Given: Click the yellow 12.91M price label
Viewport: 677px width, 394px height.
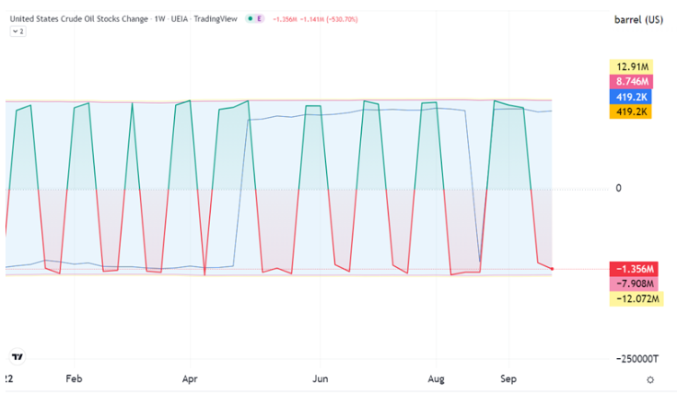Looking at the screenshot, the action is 631,67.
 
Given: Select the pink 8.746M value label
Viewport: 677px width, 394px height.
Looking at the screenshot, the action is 631,82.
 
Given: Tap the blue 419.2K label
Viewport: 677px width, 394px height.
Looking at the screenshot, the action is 630,97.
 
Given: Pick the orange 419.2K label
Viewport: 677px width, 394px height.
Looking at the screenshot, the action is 630,111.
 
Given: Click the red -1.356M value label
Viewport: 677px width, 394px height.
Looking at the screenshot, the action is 634,269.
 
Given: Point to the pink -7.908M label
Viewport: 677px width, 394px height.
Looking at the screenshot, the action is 634,284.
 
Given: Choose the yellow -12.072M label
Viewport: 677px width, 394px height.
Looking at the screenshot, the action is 636,298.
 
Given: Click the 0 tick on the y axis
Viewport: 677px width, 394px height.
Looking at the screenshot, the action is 618,188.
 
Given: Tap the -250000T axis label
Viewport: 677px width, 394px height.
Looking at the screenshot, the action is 637,359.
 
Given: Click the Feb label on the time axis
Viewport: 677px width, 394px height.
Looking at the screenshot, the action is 74,379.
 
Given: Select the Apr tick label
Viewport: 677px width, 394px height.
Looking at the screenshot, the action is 190,379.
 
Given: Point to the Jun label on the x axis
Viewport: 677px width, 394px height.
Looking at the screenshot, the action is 320,379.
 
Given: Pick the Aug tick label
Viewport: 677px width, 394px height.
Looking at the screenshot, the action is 436,379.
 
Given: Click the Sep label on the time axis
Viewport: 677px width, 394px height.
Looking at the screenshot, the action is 508,379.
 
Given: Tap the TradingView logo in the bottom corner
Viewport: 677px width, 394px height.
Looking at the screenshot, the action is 18,357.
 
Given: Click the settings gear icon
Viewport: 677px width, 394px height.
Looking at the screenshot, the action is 650,380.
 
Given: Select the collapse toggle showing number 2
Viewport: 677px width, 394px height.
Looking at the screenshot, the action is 18,31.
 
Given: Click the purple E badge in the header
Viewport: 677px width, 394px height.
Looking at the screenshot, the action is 259,18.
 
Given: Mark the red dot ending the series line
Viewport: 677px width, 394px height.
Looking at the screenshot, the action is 552,269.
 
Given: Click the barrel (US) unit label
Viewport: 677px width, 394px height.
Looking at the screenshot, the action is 638,20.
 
